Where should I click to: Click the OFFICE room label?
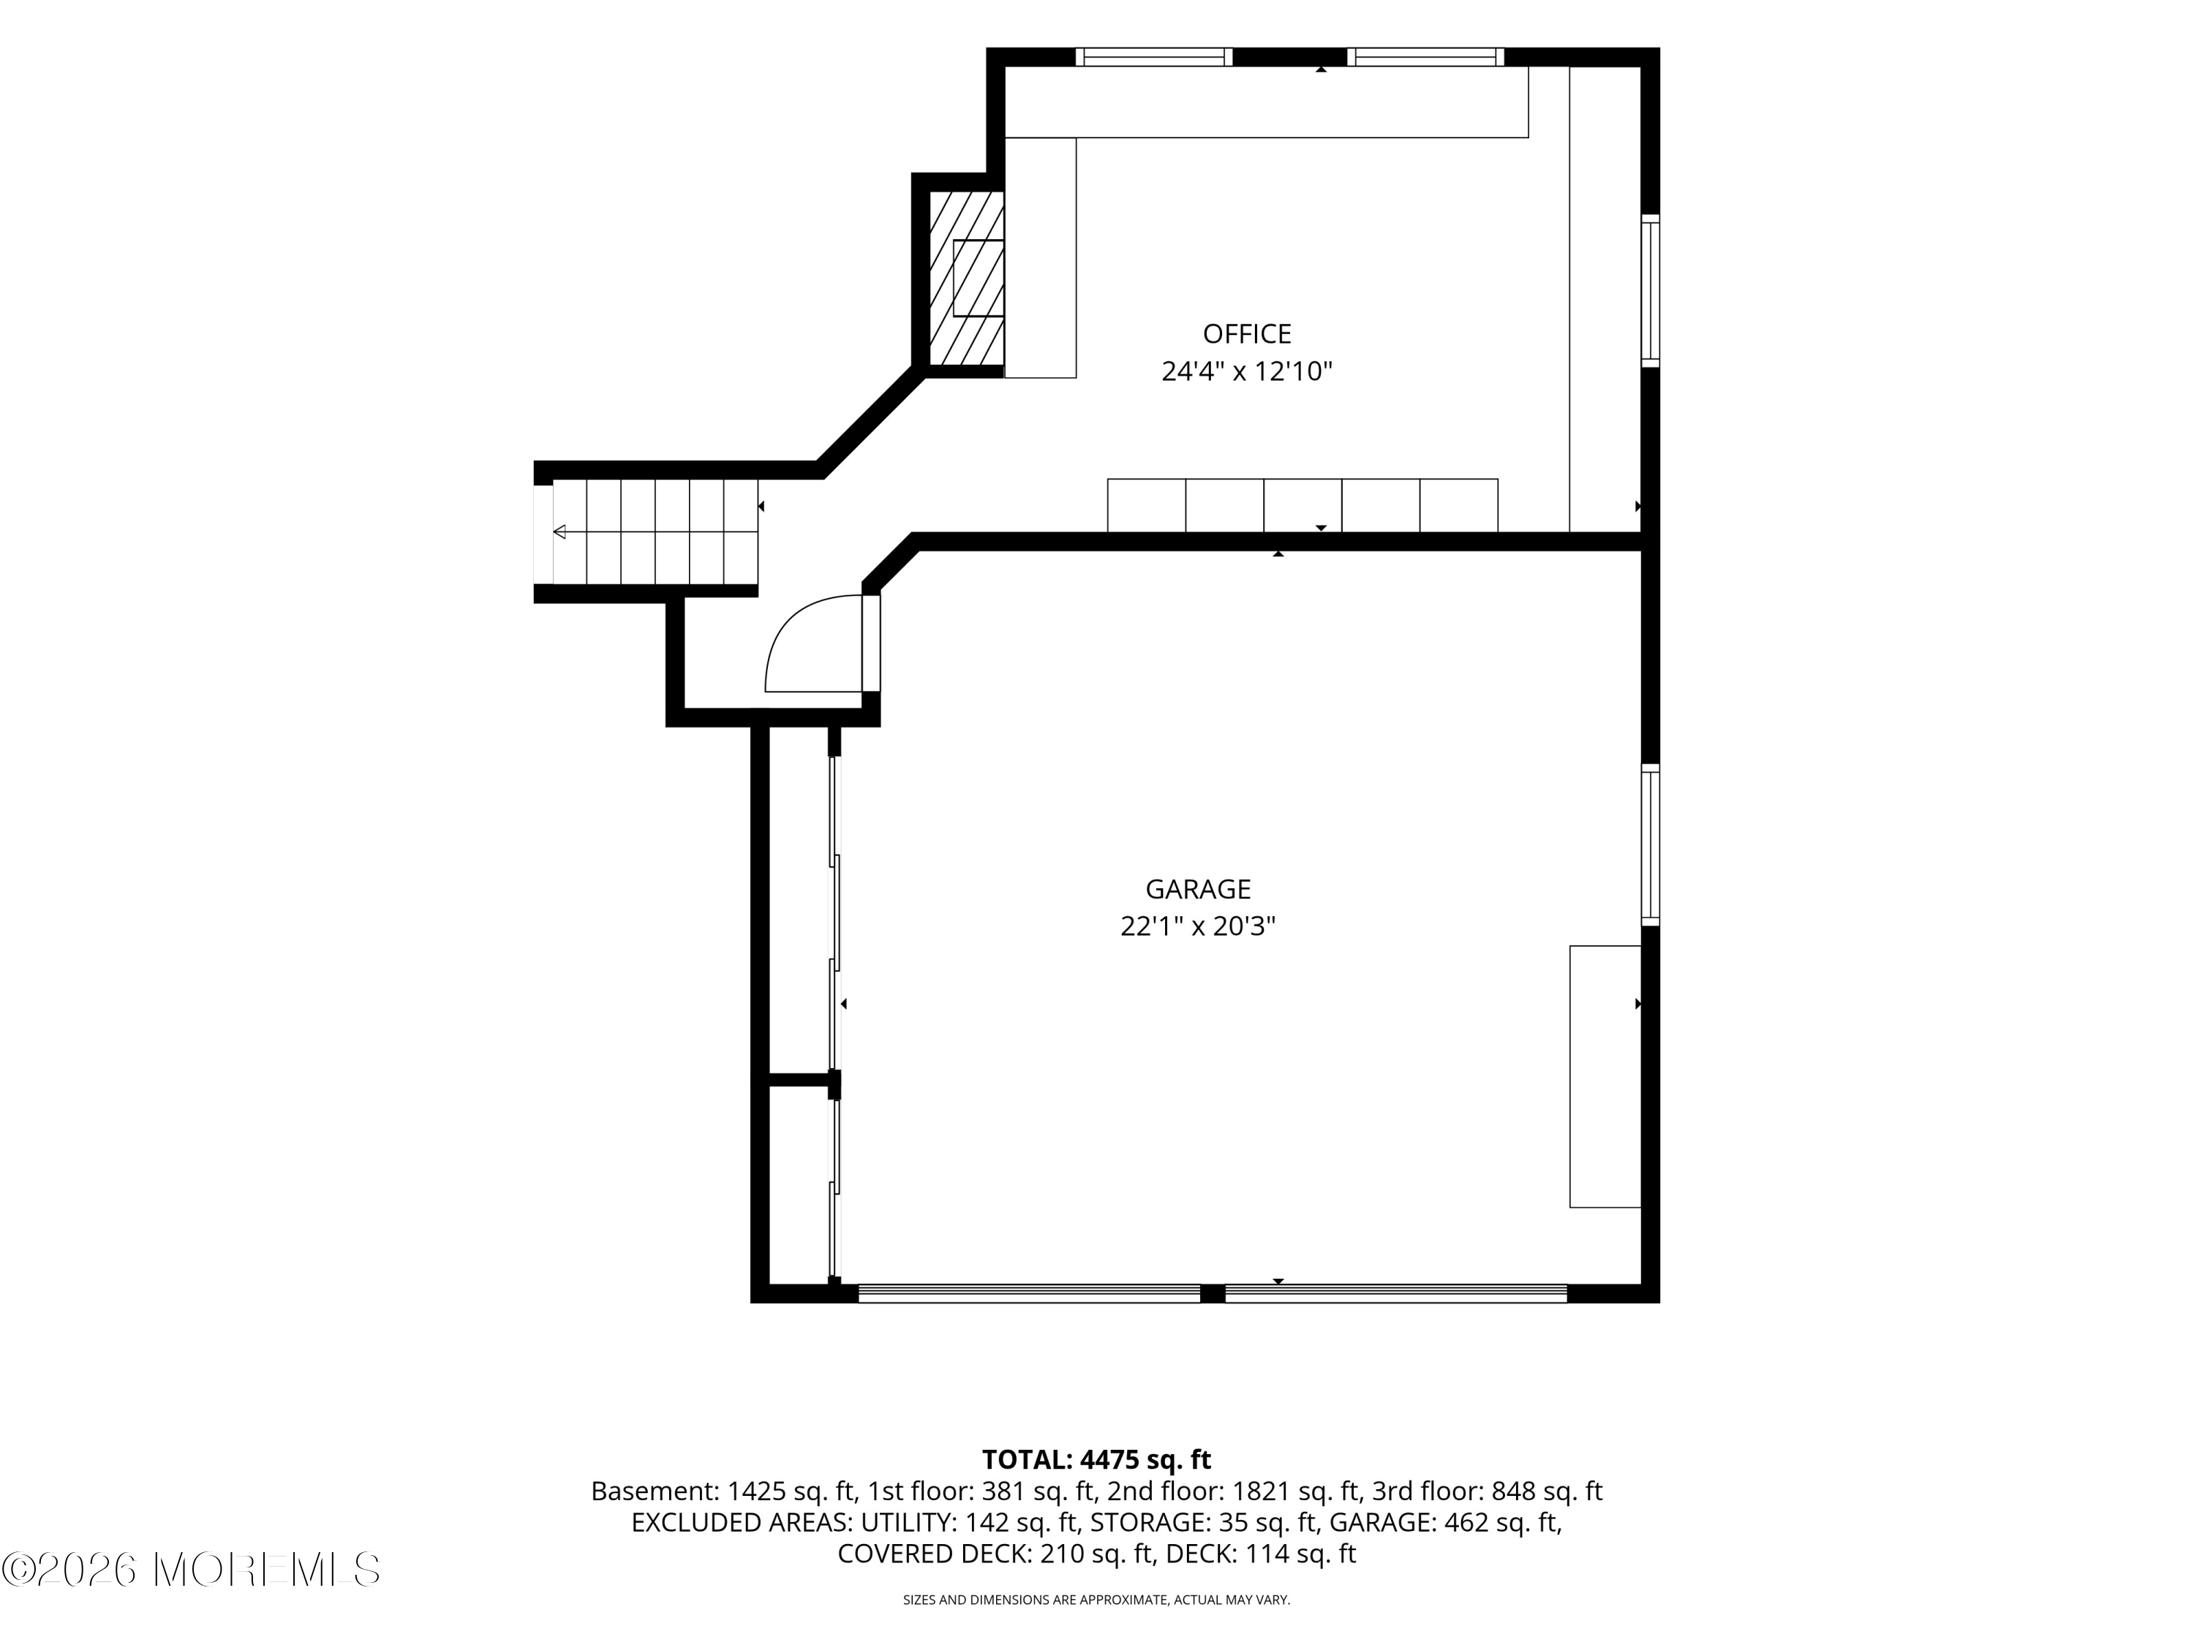(x=1247, y=334)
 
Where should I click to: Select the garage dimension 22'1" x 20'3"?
(x=1198, y=926)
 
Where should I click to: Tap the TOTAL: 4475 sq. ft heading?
(x=1096, y=1459)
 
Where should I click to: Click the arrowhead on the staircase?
(x=559, y=532)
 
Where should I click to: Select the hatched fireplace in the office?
(x=966, y=278)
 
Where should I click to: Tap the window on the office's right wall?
(x=1651, y=290)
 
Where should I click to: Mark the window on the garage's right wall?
(x=1651, y=845)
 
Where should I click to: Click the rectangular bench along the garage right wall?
(x=1605, y=1077)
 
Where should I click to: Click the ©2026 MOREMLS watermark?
(x=190, y=1570)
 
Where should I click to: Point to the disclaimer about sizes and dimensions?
(x=1096, y=1600)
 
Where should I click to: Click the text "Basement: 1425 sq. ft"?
(x=722, y=1491)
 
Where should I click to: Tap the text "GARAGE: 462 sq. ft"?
(x=1442, y=1523)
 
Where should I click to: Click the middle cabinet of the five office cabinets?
(x=1303, y=506)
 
